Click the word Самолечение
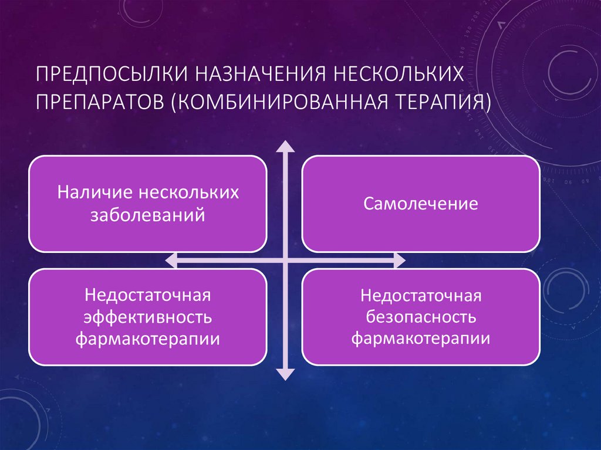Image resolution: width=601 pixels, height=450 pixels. click(x=420, y=204)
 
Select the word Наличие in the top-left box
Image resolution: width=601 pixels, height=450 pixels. click(x=94, y=193)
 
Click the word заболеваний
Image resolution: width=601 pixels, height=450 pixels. click(x=147, y=215)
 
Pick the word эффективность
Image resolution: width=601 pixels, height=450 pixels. click(x=147, y=317)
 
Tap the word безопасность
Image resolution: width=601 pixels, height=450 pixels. click(x=420, y=317)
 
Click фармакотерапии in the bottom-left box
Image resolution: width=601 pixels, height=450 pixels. click(x=147, y=339)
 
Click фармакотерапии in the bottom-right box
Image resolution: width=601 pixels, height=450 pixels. click(x=420, y=339)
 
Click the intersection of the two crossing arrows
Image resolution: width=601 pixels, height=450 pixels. click(x=285, y=260)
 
